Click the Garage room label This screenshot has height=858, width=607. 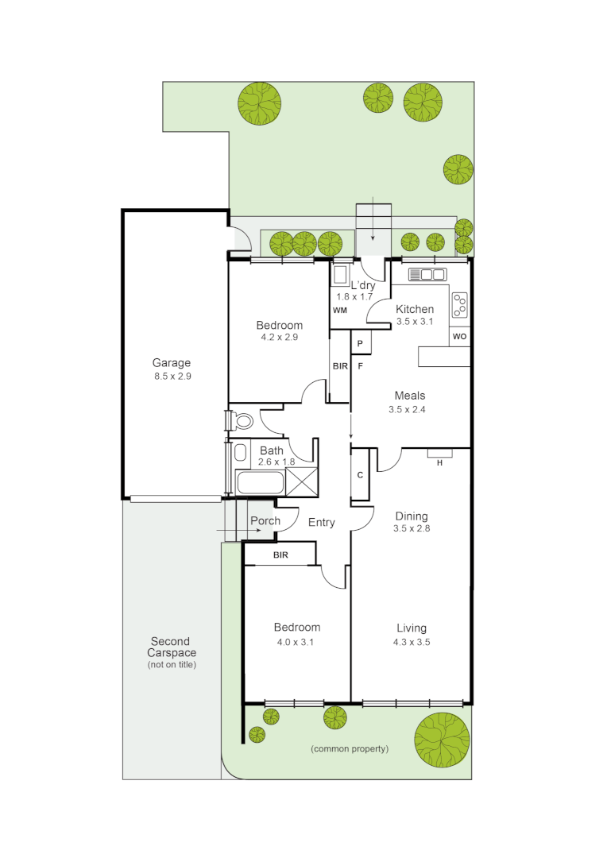point(172,363)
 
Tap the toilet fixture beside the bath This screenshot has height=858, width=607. point(241,419)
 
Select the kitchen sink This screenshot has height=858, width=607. point(427,275)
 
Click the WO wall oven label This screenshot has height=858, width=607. point(459,337)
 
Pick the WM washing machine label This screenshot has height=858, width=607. point(340,309)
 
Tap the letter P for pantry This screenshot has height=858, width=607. point(360,343)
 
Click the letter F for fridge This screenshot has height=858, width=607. point(360,366)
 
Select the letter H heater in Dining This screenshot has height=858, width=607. point(439,462)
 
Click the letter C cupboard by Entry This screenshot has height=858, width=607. point(360,475)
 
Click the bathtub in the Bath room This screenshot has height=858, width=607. point(259,483)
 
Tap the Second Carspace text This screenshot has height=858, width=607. point(171,647)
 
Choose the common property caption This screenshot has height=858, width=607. point(350,749)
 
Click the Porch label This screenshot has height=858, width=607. point(265,521)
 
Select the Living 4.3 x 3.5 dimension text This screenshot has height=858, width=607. point(412,642)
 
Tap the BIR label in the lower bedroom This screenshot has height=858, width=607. point(280,555)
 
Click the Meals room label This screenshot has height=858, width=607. point(410,396)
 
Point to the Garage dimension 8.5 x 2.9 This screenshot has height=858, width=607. point(172,377)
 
